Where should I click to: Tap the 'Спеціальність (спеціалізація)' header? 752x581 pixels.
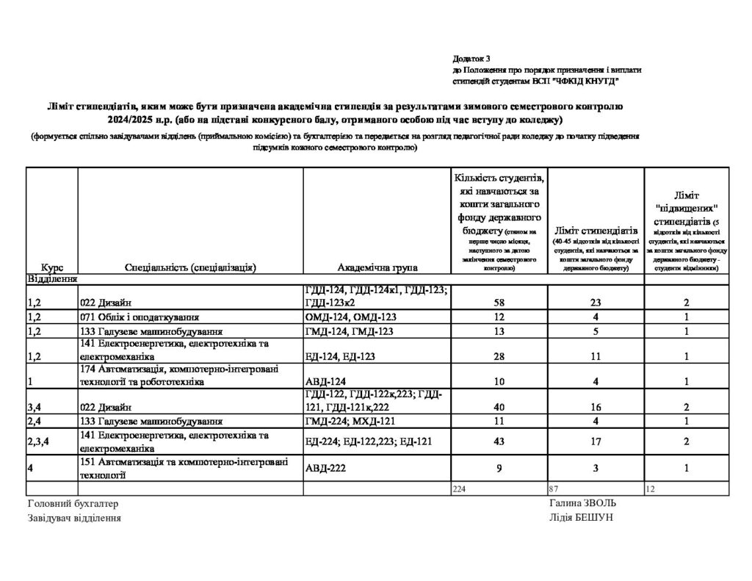tap(190, 268)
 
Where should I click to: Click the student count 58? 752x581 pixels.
tap(499, 302)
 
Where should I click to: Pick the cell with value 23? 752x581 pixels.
tap(596, 302)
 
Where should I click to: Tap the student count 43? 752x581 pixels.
tap(499, 441)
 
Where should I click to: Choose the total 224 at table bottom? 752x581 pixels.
tap(460, 488)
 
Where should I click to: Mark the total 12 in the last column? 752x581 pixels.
tap(650, 488)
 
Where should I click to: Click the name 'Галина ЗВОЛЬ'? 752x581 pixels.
tap(582, 503)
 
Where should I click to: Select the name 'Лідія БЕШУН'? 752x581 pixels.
tap(580, 517)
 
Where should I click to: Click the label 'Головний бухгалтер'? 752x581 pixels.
tap(72, 504)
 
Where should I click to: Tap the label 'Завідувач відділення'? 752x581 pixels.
tap(74, 518)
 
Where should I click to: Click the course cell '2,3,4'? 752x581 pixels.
tap(39, 441)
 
